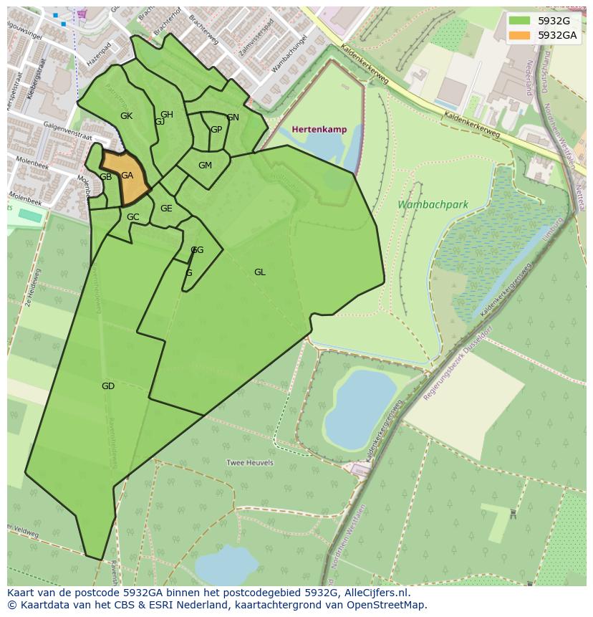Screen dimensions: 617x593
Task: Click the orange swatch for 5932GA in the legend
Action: (520, 35)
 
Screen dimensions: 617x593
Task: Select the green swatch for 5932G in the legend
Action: (520, 21)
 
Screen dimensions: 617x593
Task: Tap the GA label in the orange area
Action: (127, 176)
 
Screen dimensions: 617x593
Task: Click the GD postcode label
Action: (108, 386)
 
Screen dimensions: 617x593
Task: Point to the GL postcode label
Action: (260, 272)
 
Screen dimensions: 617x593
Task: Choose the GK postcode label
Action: (126, 116)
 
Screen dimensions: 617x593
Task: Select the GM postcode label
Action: (205, 166)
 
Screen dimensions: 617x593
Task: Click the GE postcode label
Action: (166, 209)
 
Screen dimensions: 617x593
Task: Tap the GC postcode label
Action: (133, 217)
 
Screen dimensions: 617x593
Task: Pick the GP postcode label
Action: (216, 130)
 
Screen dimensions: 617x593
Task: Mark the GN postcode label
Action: (233, 118)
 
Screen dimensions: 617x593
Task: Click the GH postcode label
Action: (167, 115)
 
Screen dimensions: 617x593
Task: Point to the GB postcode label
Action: (105, 177)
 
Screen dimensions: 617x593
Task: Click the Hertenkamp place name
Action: (319, 130)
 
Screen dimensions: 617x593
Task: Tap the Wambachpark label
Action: (433, 205)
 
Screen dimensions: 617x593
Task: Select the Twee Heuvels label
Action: (250, 463)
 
